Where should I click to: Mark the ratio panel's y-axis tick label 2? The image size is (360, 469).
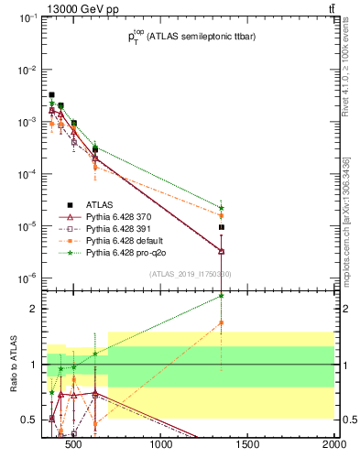[34, 309]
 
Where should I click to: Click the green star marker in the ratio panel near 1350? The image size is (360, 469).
[222, 296]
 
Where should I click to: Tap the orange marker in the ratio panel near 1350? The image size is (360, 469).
[222, 322]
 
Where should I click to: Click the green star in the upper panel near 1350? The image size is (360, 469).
[222, 208]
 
